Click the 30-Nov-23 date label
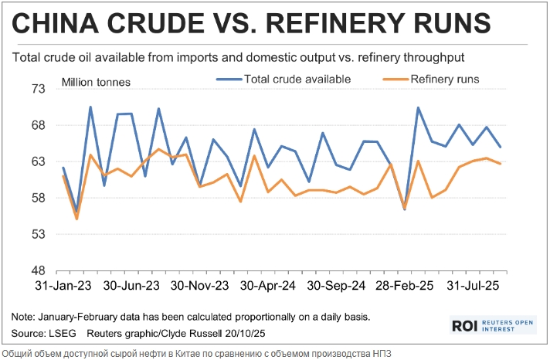point(200,285)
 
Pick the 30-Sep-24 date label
point(337,285)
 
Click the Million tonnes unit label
point(96,82)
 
